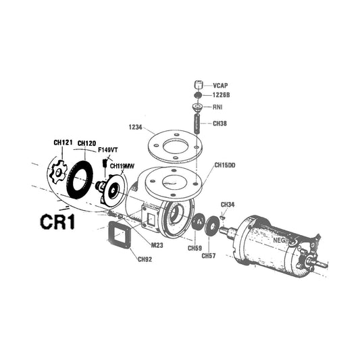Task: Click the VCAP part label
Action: [221, 86]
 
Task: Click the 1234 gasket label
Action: [135, 126]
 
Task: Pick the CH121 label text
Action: [63, 143]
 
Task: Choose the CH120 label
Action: [86, 143]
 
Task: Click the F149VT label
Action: [108, 149]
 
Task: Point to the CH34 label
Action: [228, 204]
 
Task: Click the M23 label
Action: [157, 245]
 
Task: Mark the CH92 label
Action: [145, 259]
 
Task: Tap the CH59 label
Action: [195, 248]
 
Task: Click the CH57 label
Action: [209, 255]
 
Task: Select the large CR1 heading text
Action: [56, 223]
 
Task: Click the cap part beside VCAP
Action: [199, 85]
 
